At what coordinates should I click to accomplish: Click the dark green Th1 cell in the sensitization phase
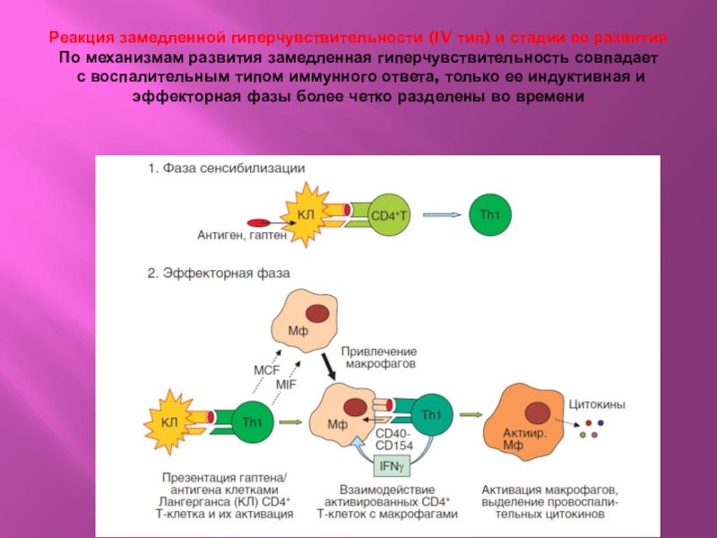(489, 215)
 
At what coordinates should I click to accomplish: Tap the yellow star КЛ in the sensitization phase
(306, 213)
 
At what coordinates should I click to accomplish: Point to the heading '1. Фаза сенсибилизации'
(227, 168)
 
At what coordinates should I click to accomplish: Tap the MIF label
(285, 384)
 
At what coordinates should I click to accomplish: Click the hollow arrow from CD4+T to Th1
(442, 214)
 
